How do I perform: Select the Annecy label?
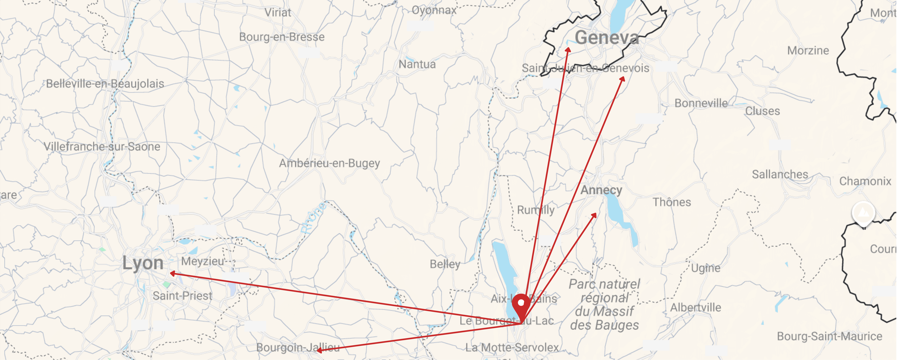[x=601, y=190]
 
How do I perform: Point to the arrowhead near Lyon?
[x=172, y=273]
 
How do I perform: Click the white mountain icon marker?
[x=863, y=212]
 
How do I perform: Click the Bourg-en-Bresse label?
[x=282, y=37]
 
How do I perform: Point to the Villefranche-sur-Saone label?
[x=102, y=147]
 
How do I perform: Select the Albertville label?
[x=695, y=307]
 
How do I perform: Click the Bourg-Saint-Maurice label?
[x=829, y=336]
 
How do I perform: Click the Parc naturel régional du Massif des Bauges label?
[x=604, y=305]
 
